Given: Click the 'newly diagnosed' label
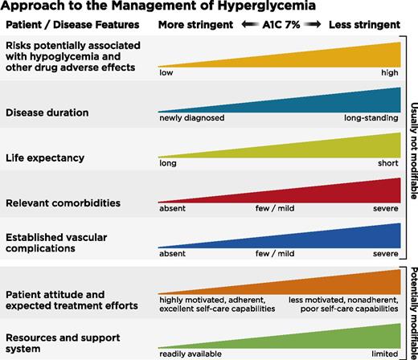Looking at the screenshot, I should tap(191, 118).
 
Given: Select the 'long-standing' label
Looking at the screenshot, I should tap(371, 118).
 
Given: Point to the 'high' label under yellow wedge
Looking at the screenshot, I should tap(389, 72).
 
